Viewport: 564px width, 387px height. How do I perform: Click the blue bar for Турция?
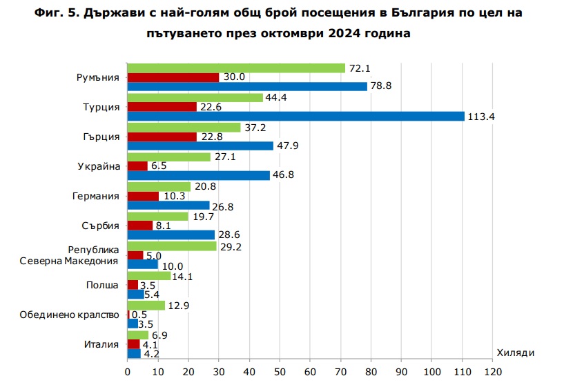click(x=295, y=116)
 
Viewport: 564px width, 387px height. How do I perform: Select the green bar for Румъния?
click(x=236, y=68)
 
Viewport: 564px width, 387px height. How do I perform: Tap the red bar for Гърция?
click(x=162, y=137)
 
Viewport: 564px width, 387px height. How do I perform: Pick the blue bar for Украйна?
click(x=199, y=175)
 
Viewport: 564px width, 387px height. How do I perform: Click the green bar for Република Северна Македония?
click(x=172, y=246)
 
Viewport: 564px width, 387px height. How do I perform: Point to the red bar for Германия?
click(x=143, y=196)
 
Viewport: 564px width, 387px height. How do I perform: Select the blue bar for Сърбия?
click(x=171, y=235)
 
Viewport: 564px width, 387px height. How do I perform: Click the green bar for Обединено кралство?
click(x=146, y=305)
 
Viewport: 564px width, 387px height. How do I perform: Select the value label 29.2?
click(x=230, y=246)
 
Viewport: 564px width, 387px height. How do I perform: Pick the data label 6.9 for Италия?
click(x=160, y=335)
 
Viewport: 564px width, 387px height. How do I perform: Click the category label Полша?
click(x=102, y=284)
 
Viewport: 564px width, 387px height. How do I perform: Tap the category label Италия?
click(x=101, y=344)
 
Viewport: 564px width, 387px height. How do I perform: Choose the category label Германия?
click(x=95, y=196)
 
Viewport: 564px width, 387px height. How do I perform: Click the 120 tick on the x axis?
click(x=492, y=373)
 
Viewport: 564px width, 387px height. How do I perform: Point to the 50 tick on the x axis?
click(x=280, y=373)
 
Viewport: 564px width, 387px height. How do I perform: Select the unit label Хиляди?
click(x=515, y=353)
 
